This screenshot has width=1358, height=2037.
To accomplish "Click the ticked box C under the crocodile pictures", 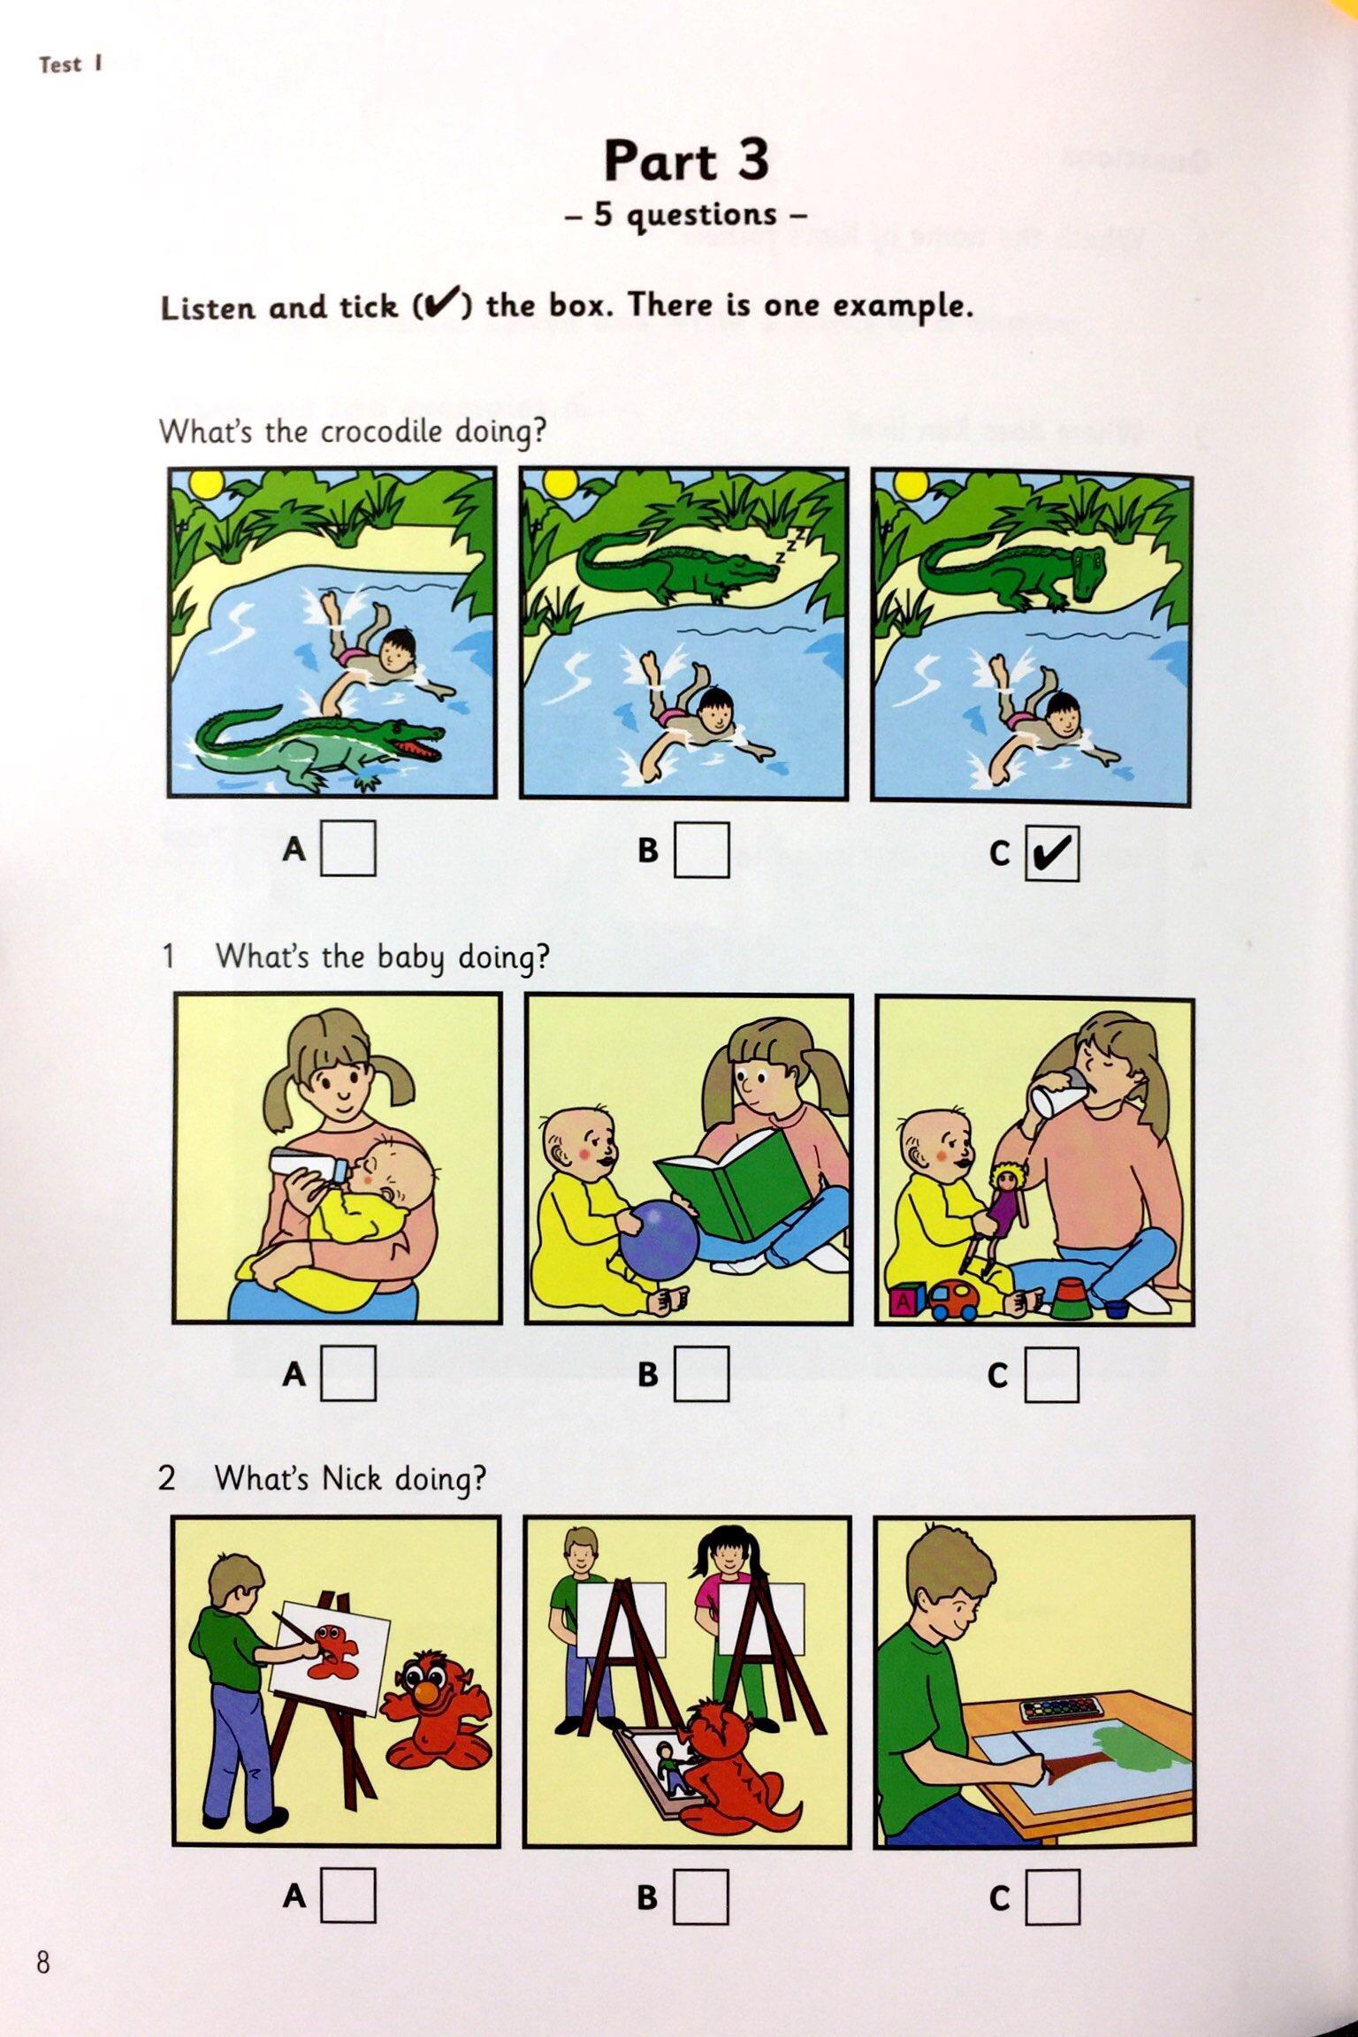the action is tap(1052, 852).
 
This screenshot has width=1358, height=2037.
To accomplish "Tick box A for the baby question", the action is tap(348, 1373).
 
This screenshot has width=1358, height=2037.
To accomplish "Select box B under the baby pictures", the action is tap(702, 1373).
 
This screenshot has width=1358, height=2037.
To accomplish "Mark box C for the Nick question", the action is tap(1053, 1896).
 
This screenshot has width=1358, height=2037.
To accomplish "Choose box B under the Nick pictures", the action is tap(702, 1896).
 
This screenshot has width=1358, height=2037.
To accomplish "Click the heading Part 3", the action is tap(686, 161).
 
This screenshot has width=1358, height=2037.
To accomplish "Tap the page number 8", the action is tap(42, 1988).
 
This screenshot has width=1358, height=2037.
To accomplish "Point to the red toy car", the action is tap(955, 1298).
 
